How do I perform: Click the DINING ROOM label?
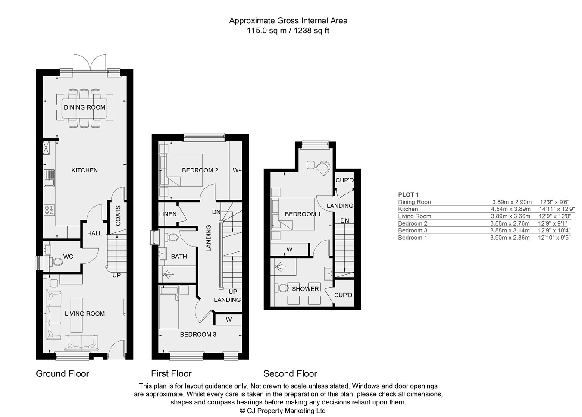point(84,107)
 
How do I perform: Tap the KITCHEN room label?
point(84,170)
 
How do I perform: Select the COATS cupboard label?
point(118,215)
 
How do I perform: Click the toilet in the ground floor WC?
point(56,261)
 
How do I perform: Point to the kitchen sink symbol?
point(49,178)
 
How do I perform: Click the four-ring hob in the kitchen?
point(49,210)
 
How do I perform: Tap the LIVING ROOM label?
point(84,314)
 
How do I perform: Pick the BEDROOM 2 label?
point(200,170)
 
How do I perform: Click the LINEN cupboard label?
point(168,214)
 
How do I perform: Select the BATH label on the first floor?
point(179,256)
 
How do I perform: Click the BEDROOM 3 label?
point(198,334)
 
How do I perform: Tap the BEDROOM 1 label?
point(303,214)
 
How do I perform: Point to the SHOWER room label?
point(305,289)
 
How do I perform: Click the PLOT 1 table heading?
point(408,194)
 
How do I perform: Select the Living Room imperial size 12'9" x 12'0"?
point(555,216)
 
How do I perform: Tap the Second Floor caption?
point(290,373)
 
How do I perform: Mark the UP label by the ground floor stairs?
point(116,275)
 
